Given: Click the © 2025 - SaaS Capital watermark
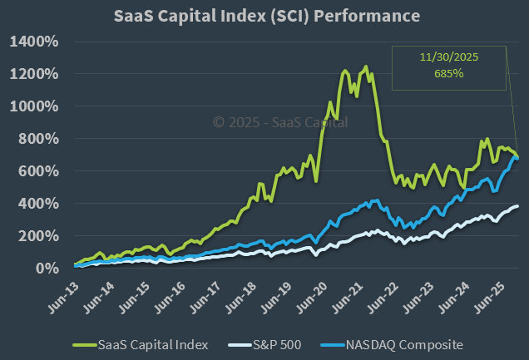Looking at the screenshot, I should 280,122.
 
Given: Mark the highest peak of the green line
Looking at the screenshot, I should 365,67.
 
